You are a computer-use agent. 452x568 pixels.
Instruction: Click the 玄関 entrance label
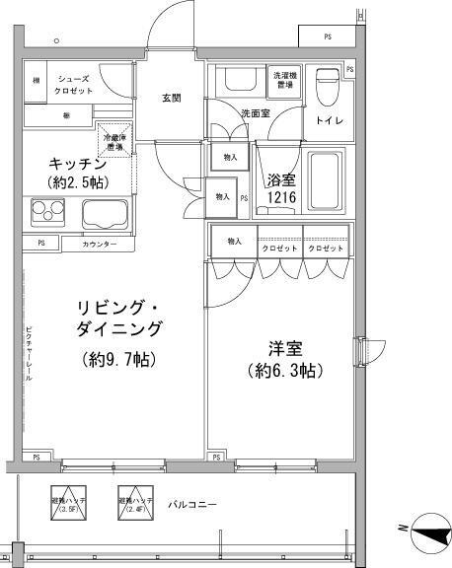(x=171, y=97)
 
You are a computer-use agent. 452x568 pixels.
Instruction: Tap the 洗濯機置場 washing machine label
(x=286, y=80)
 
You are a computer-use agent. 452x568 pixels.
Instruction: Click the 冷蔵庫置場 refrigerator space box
(x=116, y=140)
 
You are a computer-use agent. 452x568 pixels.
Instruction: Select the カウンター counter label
(x=99, y=243)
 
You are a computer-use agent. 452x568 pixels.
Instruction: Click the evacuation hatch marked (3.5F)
(x=69, y=502)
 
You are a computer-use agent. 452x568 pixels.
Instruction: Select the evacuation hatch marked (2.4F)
(x=135, y=502)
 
